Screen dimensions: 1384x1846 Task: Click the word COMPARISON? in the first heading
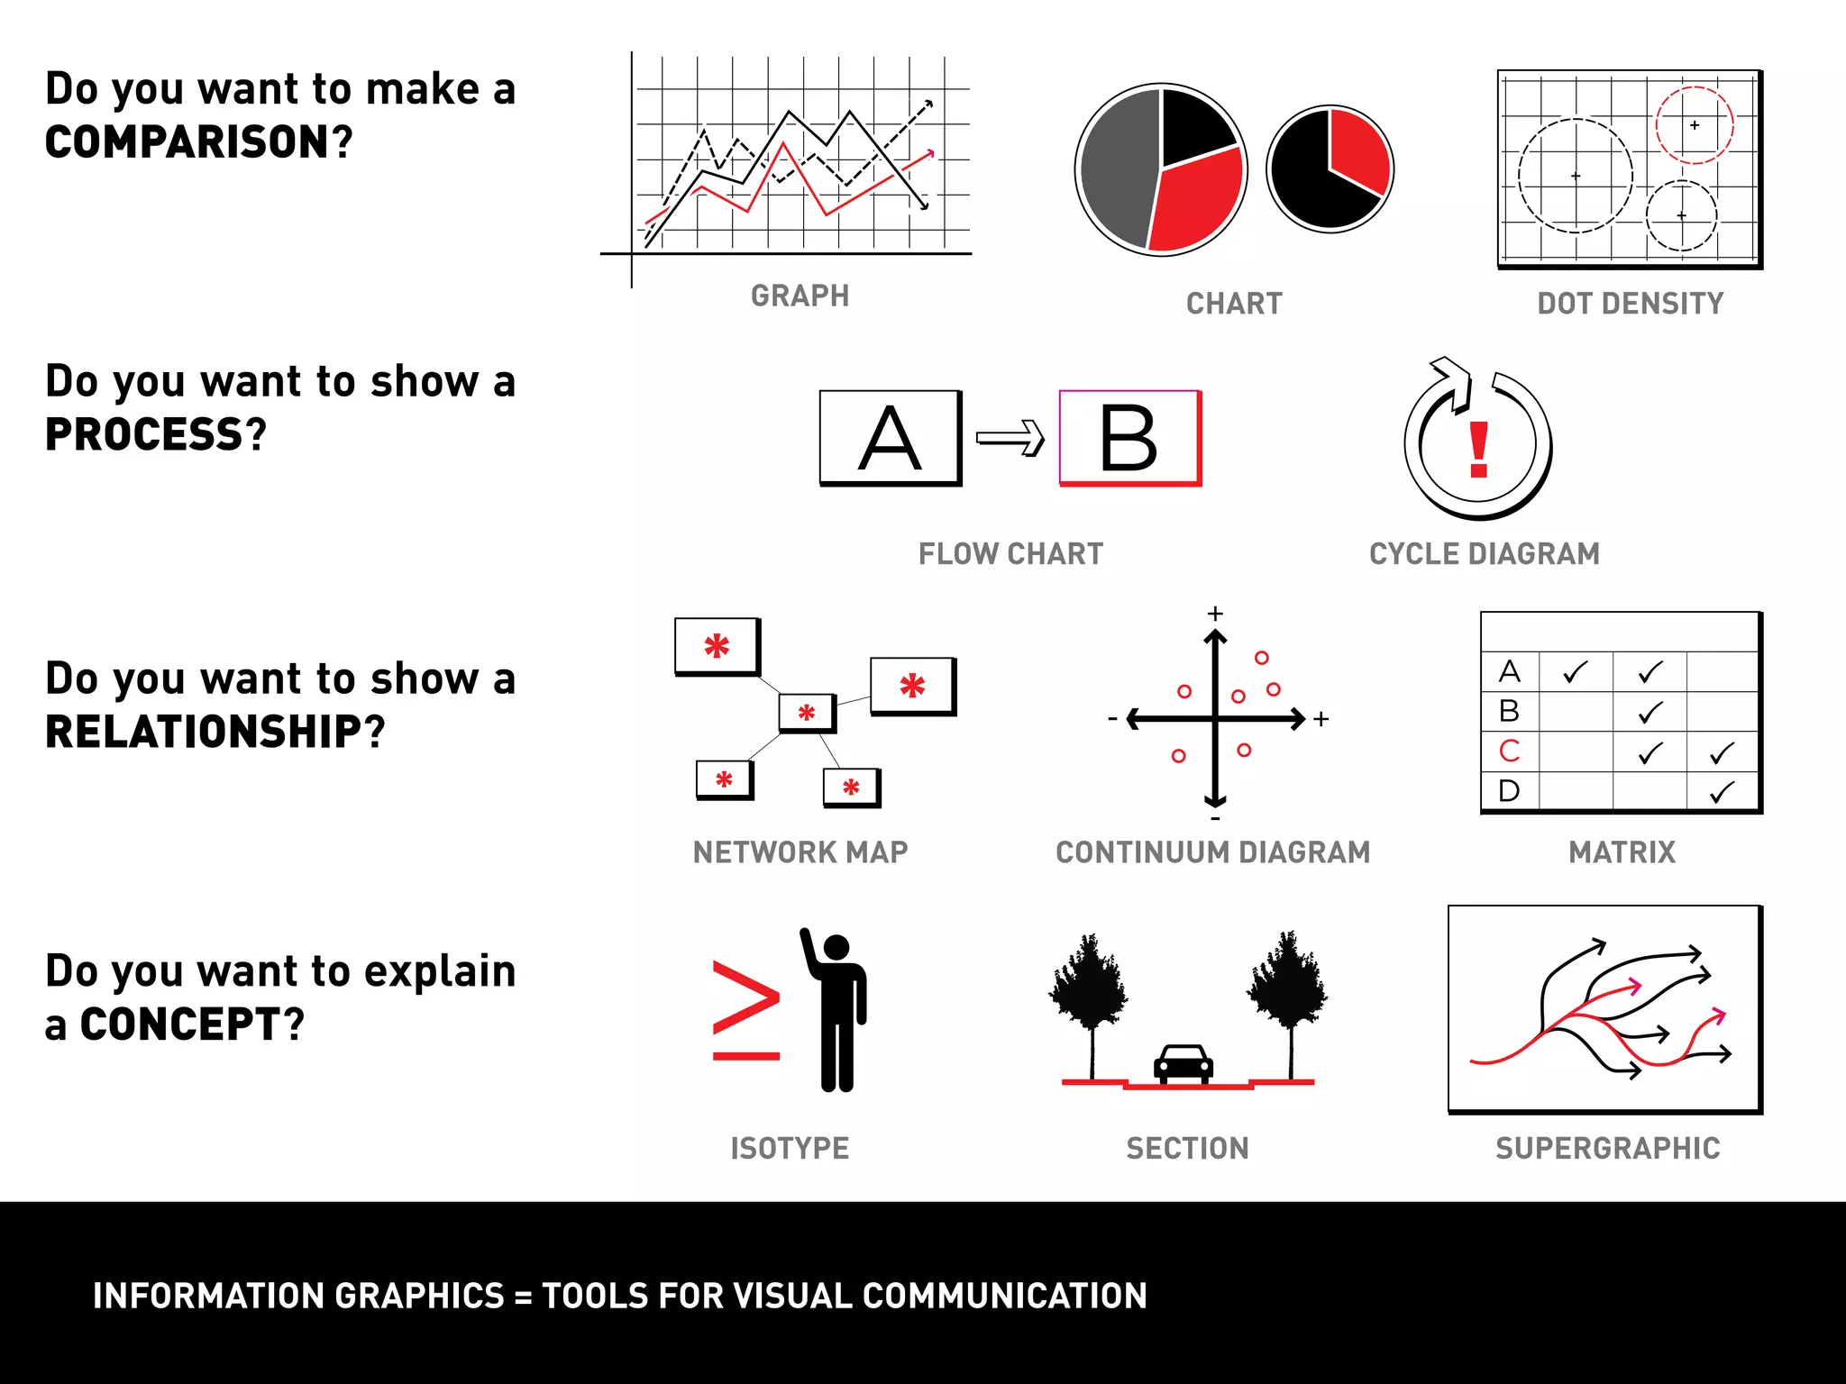tap(198, 142)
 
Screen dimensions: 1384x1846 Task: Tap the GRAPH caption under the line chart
tap(800, 296)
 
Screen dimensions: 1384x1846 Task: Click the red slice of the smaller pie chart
tap(1358, 149)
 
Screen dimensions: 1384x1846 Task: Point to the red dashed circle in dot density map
tap(1694, 125)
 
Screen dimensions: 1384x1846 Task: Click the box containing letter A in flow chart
tap(890, 438)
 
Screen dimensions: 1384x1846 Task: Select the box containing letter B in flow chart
tap(1129, 438)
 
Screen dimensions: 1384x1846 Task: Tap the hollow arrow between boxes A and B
tap(1010, 439)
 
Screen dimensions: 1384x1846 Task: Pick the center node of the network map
tap(807, 713)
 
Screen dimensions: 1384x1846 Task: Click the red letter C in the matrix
tap(1509, 751)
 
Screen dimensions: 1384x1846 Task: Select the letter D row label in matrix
tap(1509, 791)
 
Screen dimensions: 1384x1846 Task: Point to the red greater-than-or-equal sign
tap(745, 1009)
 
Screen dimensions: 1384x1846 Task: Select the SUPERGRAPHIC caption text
tap(1607, 1148)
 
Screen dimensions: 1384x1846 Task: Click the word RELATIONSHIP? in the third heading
tap(215, 732)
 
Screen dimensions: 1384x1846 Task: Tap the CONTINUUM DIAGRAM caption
tap(1212, 851)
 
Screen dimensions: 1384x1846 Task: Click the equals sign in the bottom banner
tap(523, 1296)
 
